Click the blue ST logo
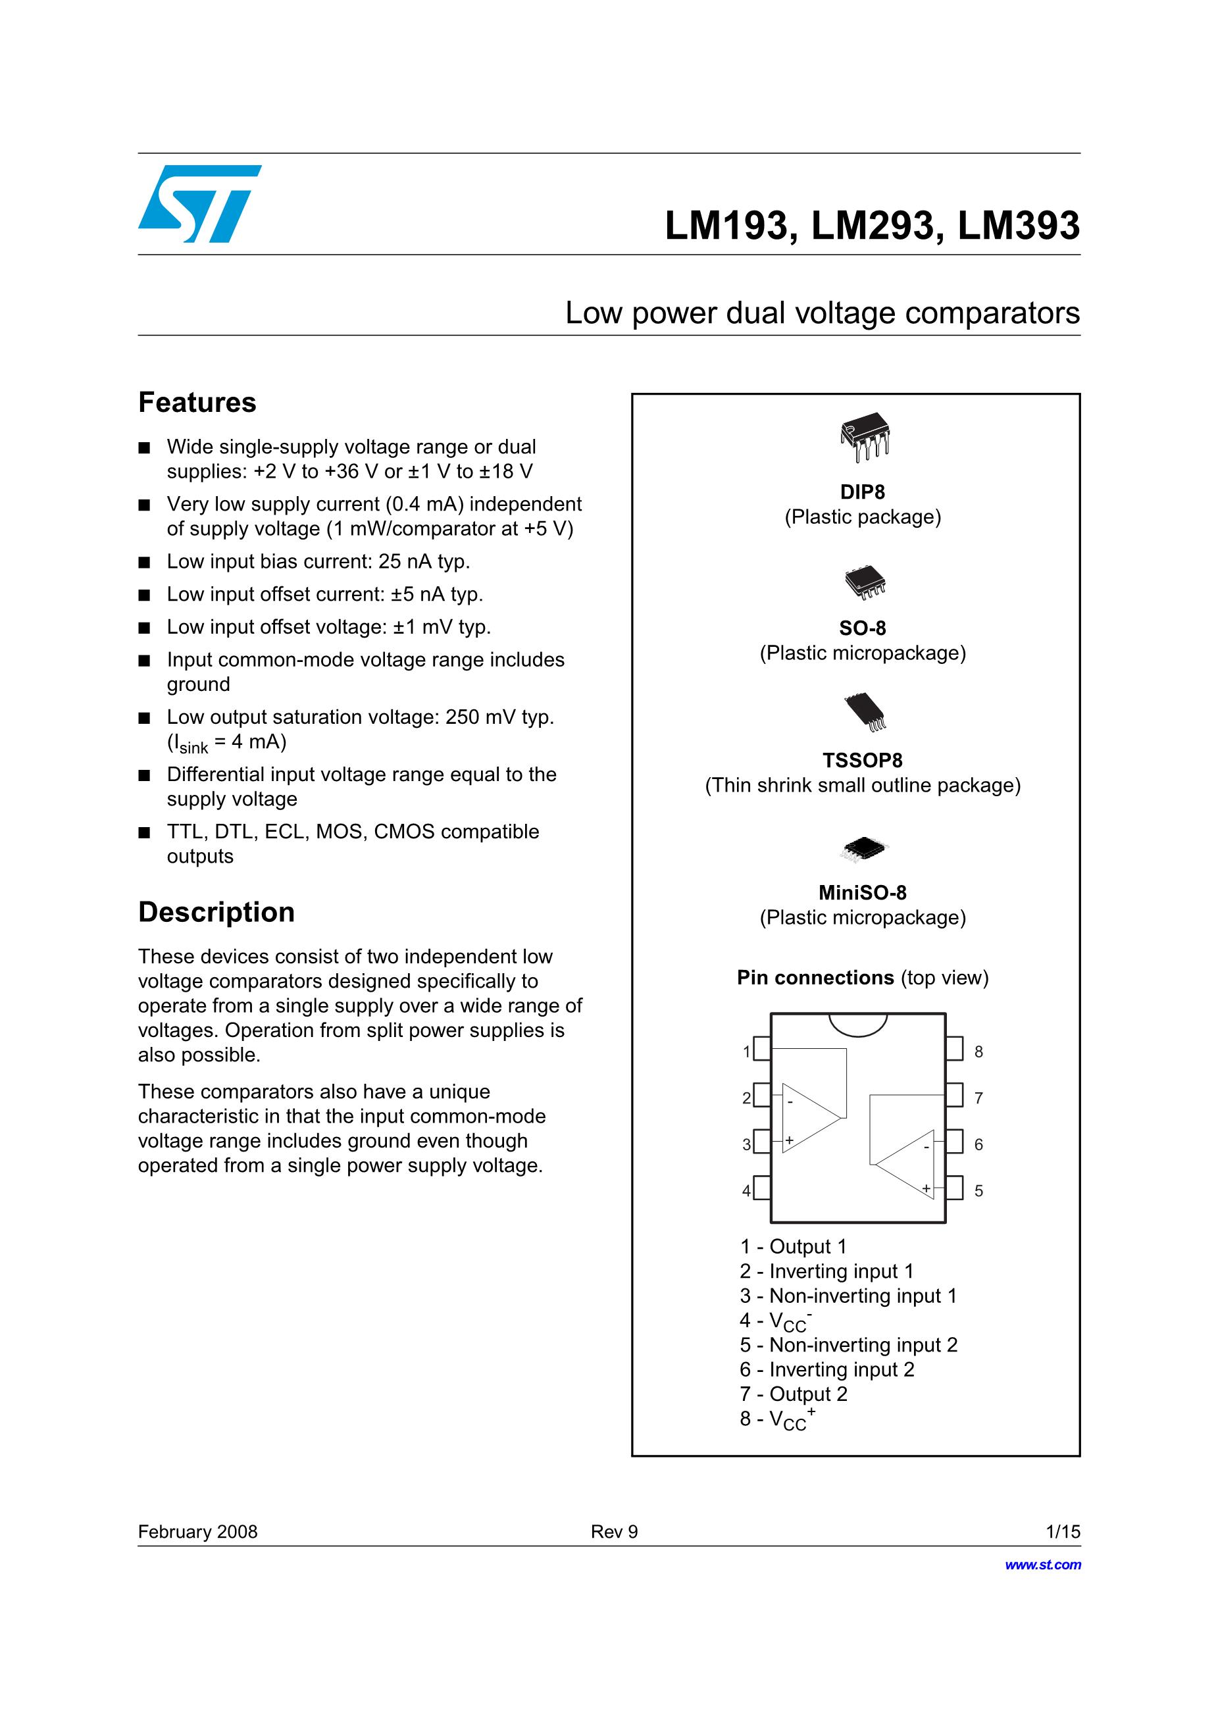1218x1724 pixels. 199,203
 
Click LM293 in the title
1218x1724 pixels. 872,226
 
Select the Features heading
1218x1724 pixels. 197,403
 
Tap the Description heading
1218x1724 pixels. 216,912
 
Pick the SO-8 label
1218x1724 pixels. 862,628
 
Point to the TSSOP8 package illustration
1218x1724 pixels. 866,712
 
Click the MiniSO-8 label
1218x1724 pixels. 862,892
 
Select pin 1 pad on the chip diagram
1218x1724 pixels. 761,1048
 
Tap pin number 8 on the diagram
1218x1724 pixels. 978,1052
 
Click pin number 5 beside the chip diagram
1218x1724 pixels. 978,1191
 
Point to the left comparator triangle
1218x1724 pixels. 809,1118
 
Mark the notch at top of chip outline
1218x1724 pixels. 857,1023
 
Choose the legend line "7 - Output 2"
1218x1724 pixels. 793,1394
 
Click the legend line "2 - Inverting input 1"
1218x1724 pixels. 826,1271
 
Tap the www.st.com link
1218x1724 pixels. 1042,1565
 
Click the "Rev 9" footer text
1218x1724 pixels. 613,1532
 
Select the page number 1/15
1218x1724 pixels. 1063,1532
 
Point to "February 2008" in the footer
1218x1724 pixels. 197,1532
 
